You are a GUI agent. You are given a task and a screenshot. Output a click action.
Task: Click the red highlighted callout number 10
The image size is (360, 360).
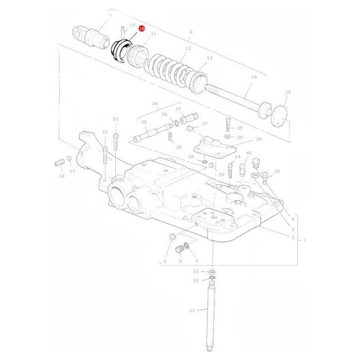141,30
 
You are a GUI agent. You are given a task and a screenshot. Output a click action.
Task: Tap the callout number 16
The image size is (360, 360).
288,92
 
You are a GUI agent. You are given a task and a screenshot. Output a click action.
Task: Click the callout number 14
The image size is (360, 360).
254,77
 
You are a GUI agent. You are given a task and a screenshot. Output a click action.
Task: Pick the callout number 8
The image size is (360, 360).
191,32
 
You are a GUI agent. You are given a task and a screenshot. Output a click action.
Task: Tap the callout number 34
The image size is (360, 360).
155,103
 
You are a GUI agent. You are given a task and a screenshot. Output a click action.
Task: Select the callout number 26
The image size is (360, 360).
258,139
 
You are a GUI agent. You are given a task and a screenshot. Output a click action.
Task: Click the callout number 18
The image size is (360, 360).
62,176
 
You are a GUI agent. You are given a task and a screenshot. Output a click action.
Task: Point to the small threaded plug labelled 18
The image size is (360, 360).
58,164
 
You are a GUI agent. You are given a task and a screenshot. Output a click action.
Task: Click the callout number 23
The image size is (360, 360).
115,119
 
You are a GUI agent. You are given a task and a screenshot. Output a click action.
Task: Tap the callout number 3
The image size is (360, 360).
165,261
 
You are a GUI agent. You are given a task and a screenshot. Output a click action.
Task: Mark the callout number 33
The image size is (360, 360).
195,280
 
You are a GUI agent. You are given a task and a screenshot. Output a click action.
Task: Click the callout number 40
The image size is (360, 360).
249,153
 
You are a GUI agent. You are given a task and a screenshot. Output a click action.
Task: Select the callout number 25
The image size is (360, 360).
277,171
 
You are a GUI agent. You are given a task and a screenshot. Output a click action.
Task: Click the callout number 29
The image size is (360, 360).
240,128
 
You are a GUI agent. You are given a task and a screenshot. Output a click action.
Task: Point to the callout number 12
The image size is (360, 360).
188,48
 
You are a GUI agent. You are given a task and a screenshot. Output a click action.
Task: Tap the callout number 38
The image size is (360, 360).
178,147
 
